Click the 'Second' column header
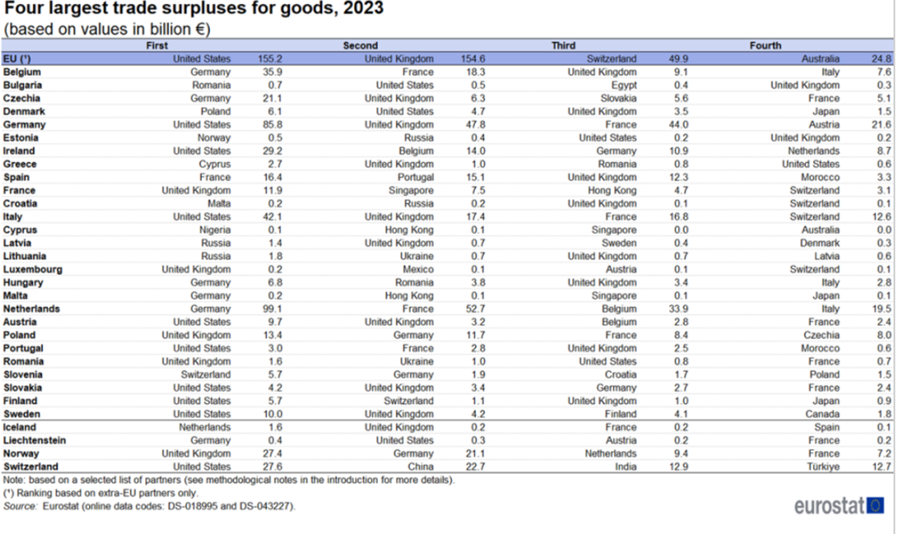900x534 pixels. [x=360, y=45]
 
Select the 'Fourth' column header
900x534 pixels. [x=765, y=45]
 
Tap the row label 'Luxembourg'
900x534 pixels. [x=33, y=269]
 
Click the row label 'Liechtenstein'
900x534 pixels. [x=34, y=440]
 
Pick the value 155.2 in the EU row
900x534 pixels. [x=269, y=59]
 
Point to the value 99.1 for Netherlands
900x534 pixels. [x=272, y=309]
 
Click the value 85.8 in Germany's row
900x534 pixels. [x=272, y=125]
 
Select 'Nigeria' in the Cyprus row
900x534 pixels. [x=215, y=230]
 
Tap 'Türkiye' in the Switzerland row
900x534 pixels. [x=824, y=467]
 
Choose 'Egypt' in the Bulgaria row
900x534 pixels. [x=624, y=85]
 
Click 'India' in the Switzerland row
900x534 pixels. [x=626, y=467]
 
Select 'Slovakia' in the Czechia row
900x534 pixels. [x=618, y=98]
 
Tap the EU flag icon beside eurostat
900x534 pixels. [x=875, y=506]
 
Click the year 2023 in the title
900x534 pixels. [x=360, y=8]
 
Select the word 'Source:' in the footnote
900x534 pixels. [x=20, y=506]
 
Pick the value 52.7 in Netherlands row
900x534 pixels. [x=475, y=309]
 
